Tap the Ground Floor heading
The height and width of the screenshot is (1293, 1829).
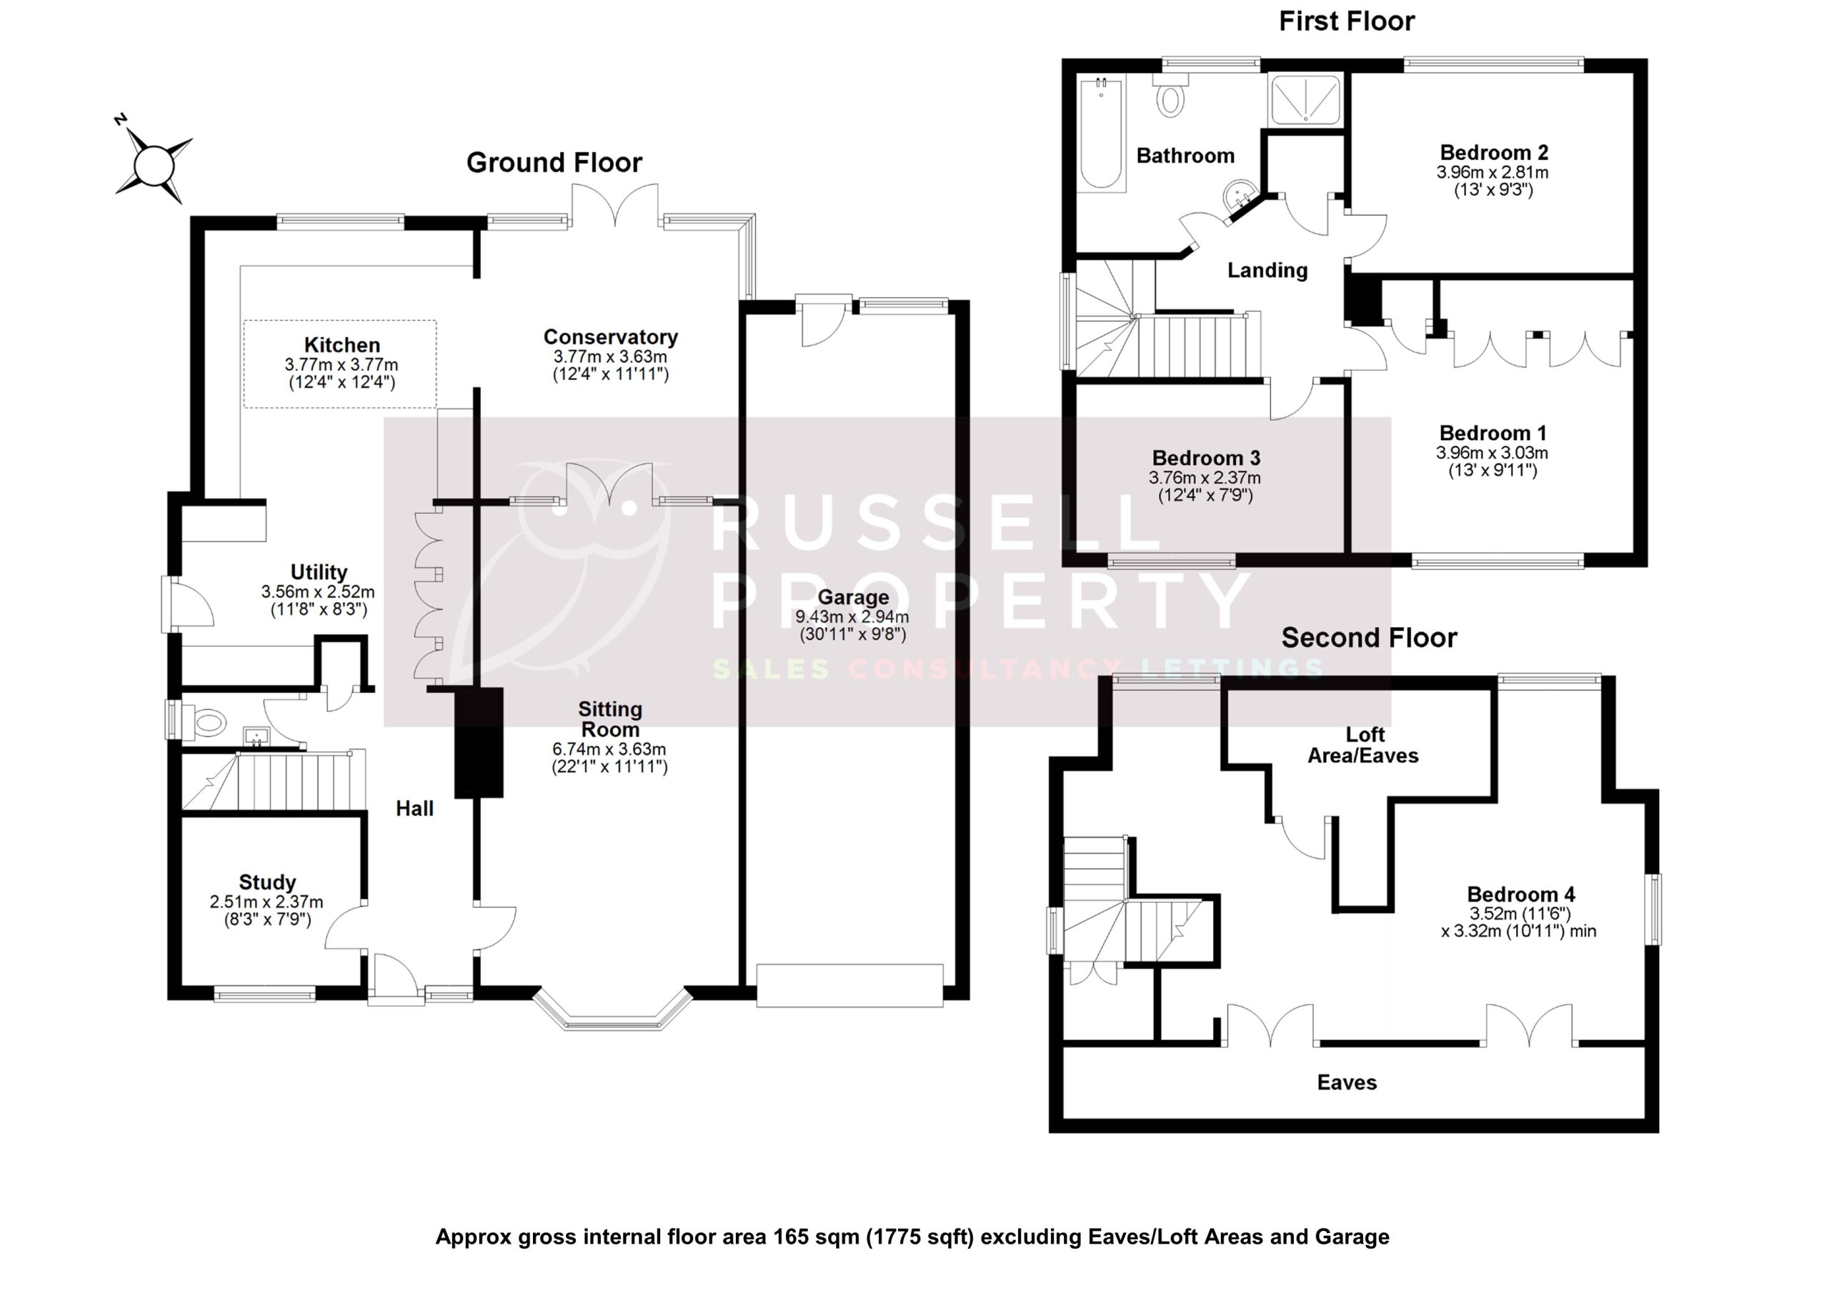coord(554,163)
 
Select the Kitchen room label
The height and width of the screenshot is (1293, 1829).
coord(342,345)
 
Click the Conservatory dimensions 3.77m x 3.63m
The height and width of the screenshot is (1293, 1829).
coord(610,356)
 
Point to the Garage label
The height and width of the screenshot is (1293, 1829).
coord(852,596)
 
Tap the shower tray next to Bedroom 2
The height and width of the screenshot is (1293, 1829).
coord(1305,99)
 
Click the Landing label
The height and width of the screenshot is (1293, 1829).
coord(1267,271)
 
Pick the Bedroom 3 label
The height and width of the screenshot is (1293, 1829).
coord(1205,458)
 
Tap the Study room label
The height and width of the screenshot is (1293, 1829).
coord(267,882)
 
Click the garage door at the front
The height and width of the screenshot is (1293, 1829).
coord(849,986)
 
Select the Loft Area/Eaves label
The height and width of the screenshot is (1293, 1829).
coord(1363,745)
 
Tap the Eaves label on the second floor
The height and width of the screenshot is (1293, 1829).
coord(1346,1082)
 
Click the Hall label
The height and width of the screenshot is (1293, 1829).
coord(414,809)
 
